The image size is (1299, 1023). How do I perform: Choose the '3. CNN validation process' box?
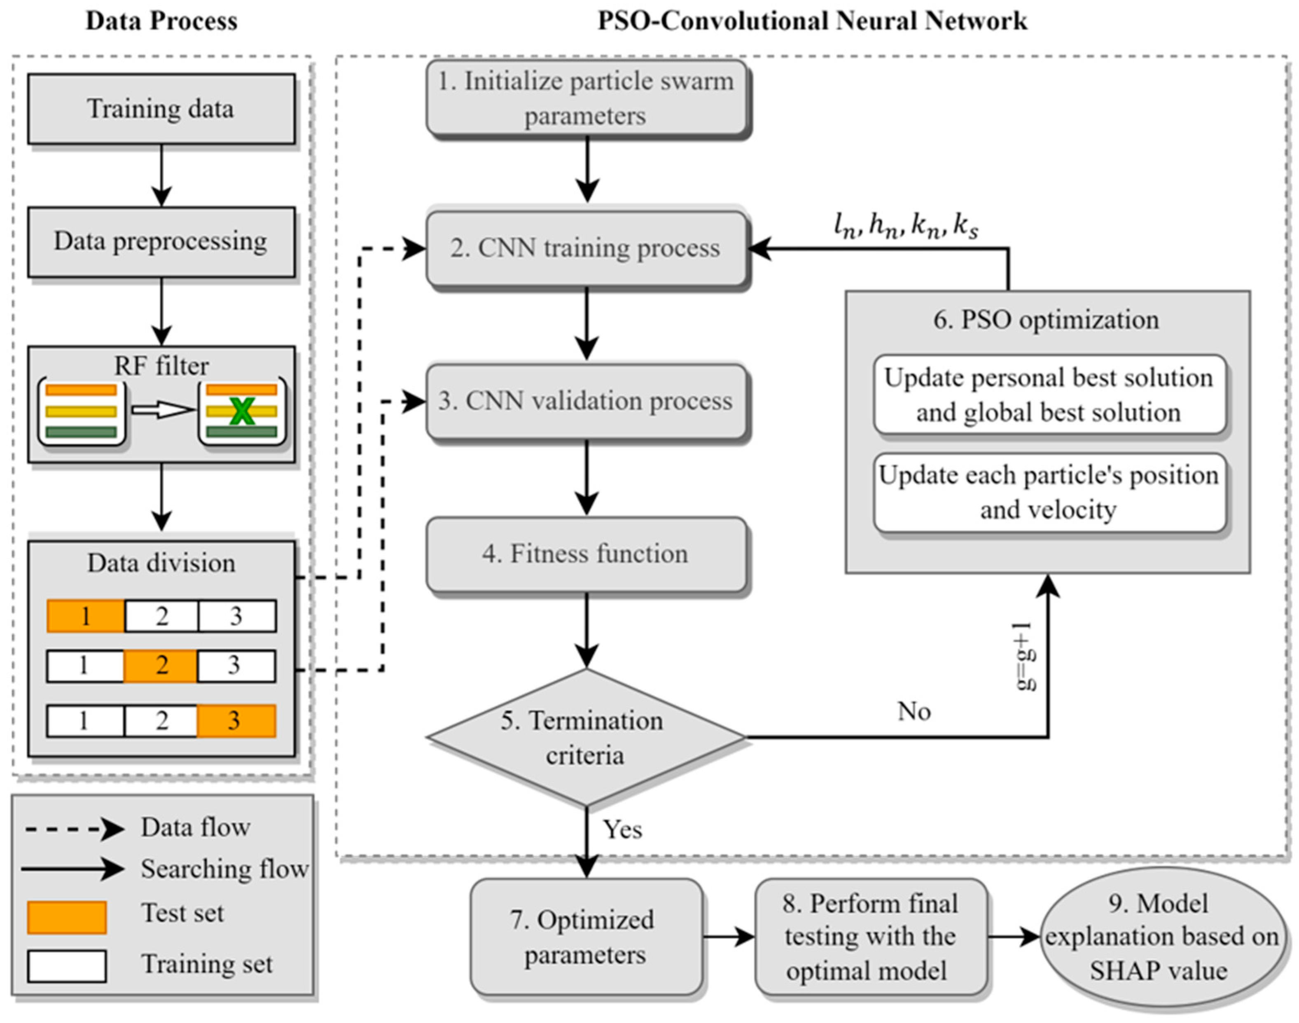pyautogui.click(x=587, y=401)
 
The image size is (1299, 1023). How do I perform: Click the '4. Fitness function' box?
pyautogui.click(x=587, y=554)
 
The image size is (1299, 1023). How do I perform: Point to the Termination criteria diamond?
pyautogui.click(x=586, y=737)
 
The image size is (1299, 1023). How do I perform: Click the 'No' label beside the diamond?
pyautogui.click(x=914, y=712)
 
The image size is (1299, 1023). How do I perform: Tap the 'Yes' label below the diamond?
pyautogui.click(x=622, y=829)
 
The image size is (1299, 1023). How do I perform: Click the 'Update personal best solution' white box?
pyautogui.click(x=1049, y=395)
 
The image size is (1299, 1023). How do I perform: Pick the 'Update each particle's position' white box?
pyautogui.click(x=1049, y=492)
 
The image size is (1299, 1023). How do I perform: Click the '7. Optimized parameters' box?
pyautogui.click(x=586, y=937)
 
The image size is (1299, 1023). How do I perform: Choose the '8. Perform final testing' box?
pyautogui.click(x=870, y=937)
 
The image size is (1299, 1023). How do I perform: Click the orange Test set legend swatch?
pyautogui.click(x=66, y=917)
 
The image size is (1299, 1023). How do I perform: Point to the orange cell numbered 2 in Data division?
pyautogui.click(x=161, y=666)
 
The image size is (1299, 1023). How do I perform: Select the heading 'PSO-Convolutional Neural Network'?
pyautogui.click(x=811, y=21)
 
